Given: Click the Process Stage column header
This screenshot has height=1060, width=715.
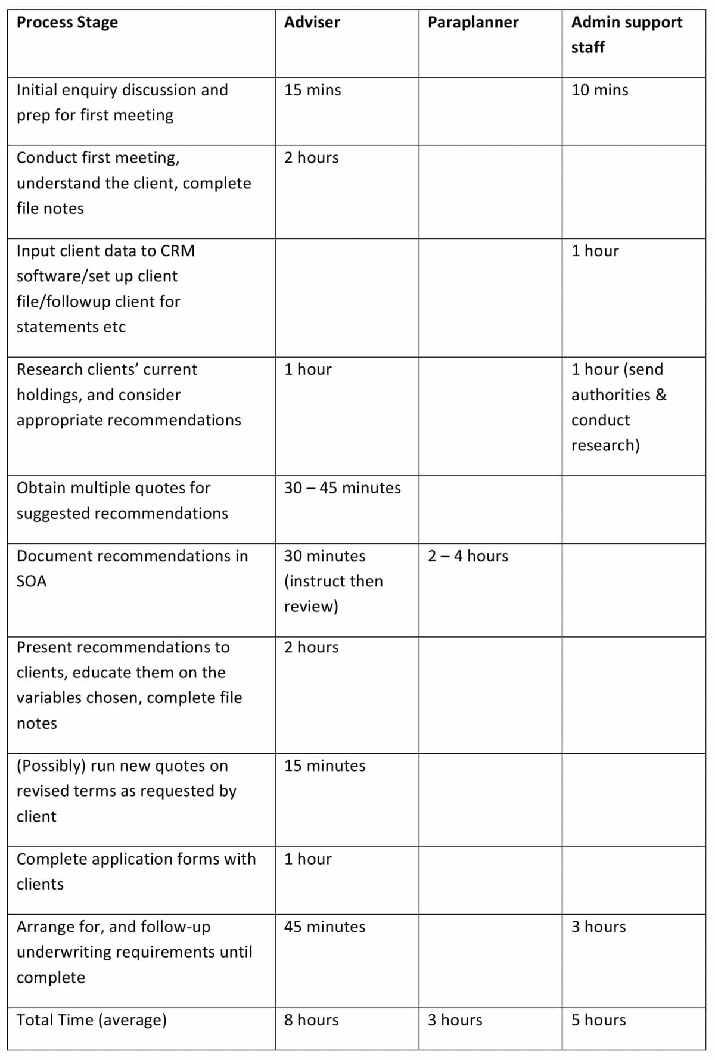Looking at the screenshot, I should pyautogui.click(x=67, y=23).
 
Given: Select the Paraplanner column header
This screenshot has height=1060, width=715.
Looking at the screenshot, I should pyautogui.click(x=473, y=23).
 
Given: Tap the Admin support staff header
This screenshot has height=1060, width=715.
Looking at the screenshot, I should pyautogui.click(x=626, y=35).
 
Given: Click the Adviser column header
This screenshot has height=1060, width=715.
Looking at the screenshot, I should pyautogui.click(x=312, y=23).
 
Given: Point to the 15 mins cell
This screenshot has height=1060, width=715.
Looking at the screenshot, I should pyautogui.click(x=312, y=90).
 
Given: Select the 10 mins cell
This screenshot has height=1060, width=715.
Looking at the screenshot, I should pyautogui.click(x=599, y=90).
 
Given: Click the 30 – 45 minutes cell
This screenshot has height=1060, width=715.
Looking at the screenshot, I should pyautogui.click(x=342, y=488).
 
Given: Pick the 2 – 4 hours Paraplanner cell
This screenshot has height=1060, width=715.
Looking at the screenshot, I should pyautogui.click(x=468, y=556).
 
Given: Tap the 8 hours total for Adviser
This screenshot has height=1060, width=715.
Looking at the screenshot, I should pyautogui.click(x=311, y=1020).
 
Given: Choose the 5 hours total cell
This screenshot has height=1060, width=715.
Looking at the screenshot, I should pyautogui.click(x=598, y=1020).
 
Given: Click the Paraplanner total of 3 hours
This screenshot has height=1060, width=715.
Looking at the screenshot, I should pyautogui.click(x=455, y=1020).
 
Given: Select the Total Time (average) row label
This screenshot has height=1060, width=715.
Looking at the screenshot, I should pyautogui.click(x=91, y=1020).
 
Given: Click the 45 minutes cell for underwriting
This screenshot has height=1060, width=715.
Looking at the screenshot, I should pyautogui.click(x=325, y=927).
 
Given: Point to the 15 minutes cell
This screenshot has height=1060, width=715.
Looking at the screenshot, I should pyautogui.click(x=325, y=766).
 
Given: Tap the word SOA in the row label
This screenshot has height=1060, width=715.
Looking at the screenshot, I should pyautogui.click(x=32, y=582).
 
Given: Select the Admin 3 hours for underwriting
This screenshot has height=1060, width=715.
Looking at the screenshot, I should pyautogui.click(x=598, y=927).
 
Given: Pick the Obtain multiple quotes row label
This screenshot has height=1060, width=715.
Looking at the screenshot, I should pyautogui.click(x=122, y=501).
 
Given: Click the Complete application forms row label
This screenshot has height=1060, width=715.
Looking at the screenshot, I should pyautogui.click(x=136, y=871).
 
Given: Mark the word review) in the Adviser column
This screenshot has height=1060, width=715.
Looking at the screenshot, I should pyautogui.click(x=311, y=607).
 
